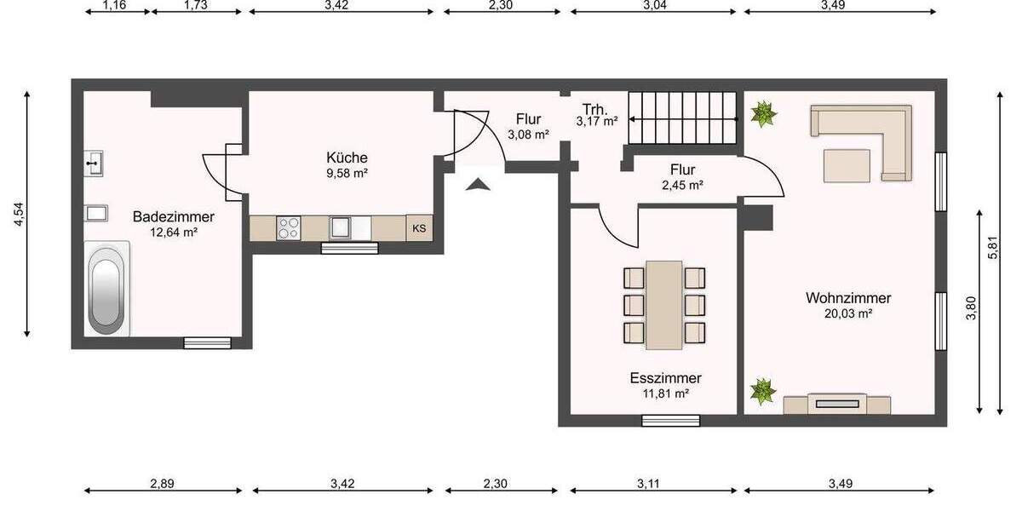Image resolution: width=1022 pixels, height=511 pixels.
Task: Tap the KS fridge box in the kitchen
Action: [419, 228]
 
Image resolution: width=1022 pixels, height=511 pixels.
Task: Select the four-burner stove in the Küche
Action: [289, 228]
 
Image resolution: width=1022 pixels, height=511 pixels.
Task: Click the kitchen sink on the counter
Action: [342, 227]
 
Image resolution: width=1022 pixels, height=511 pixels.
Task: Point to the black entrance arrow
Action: [479, 184]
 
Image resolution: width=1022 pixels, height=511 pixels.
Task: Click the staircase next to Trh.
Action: [682, 119]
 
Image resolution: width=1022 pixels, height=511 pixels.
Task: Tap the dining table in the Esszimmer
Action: [664, 305]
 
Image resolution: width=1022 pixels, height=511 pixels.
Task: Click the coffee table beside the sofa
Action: [846, 165]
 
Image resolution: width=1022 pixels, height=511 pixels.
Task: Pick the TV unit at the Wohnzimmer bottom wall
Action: [837, 404]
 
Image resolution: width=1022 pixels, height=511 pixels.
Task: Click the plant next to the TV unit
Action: [762, 392]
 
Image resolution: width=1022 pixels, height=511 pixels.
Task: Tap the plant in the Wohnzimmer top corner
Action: [764, 113]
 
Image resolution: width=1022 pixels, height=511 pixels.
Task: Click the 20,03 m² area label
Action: [848, 313]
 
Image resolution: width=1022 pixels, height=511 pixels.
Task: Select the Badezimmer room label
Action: [173, 217]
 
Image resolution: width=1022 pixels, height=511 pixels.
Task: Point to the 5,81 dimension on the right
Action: [993, 252]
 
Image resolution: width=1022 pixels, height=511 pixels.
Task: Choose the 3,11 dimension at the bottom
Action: [653, 483]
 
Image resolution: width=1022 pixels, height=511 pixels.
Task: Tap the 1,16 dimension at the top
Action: [114, 6]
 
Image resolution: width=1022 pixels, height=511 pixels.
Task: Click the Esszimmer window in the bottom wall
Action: [670, 420]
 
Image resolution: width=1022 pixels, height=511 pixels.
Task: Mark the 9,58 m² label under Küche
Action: [347, 173]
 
